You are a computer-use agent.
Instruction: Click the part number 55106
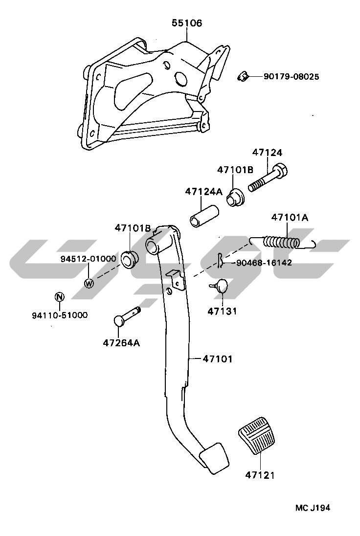(186, 23)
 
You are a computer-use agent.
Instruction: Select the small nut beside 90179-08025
(243, 76)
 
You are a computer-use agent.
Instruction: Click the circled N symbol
(59, 296)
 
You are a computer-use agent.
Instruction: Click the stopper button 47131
(221, 286)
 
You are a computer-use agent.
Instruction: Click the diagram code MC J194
(312, 508)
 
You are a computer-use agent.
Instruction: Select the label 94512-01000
(89, 259)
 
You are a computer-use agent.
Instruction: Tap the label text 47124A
(203, 191)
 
